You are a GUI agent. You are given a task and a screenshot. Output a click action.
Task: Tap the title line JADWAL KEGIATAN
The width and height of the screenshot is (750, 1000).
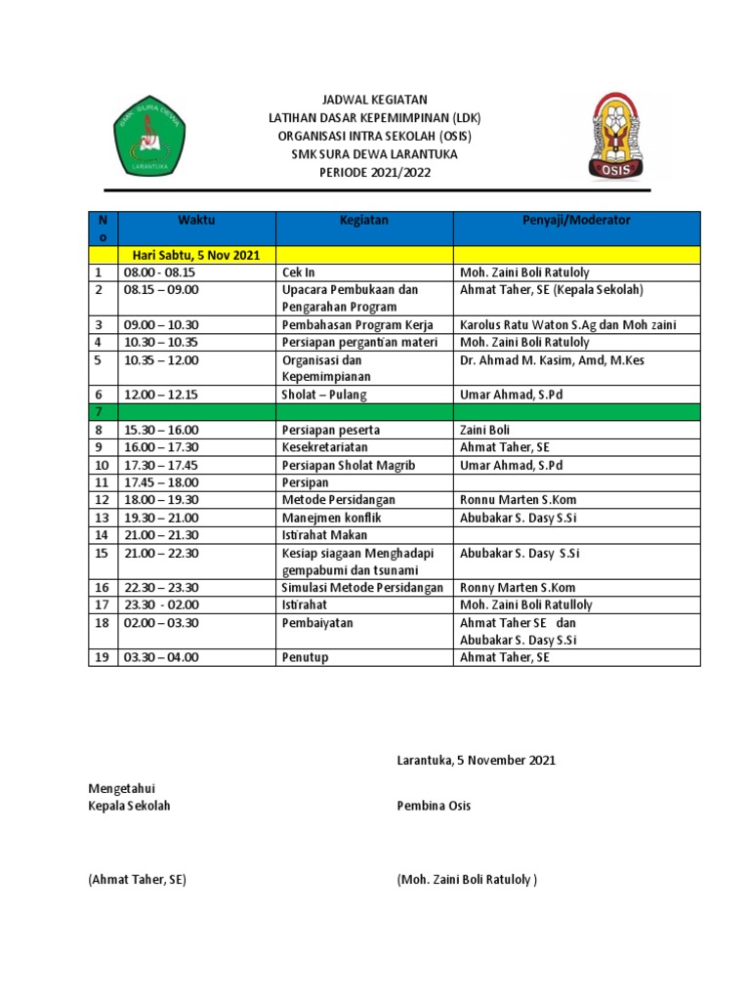pos(375,101)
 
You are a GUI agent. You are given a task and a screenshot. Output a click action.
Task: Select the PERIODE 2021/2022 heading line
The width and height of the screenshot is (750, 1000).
pos(375,172)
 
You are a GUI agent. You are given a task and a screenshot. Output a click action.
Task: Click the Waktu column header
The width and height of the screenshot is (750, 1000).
pos(196,221)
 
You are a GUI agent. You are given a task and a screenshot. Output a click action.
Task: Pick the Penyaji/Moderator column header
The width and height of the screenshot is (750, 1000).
pos(576,221)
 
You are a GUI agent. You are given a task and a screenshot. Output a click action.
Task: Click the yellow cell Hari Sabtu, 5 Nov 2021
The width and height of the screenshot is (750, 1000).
pos(196,255)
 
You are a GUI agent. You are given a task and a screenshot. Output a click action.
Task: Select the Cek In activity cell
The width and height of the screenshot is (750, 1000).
pos(298,272)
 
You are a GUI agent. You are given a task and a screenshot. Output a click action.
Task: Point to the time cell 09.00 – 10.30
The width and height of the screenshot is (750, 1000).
pos(161,324)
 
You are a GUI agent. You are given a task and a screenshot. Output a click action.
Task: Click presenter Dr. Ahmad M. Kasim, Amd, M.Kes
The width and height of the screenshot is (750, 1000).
pos(552,360)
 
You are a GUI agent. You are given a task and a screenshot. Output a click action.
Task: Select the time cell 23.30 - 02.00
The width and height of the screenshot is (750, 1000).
pos(161,604)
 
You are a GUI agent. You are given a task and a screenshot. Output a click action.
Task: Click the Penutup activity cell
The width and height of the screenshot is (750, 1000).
pos(305,657)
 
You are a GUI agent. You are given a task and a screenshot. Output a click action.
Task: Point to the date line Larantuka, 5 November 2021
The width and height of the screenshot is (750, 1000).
pos(476,760)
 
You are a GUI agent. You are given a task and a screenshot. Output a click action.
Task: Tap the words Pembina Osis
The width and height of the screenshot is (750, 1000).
pos(434,806)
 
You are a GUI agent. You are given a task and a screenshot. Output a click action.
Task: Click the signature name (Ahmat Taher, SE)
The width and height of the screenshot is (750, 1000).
pos(137,879)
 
